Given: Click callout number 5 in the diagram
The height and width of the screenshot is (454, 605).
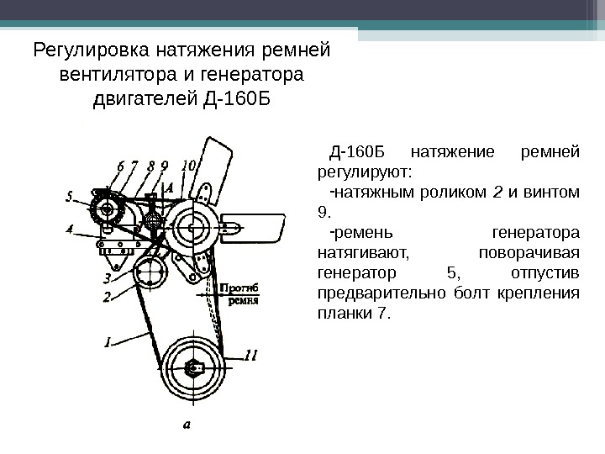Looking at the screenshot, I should pos(70,199).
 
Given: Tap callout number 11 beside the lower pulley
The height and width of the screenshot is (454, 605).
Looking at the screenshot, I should pos(250,356).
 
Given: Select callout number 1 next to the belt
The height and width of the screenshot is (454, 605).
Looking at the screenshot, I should pos(108,341).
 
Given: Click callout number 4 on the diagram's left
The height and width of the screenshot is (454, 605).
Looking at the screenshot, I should pos(70,228).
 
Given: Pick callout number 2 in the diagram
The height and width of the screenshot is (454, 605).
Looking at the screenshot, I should pos(108,296).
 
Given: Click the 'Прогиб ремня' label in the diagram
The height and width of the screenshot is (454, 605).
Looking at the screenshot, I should pos(243,293).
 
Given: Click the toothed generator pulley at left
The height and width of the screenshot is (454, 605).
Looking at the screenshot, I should pos(107,209).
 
